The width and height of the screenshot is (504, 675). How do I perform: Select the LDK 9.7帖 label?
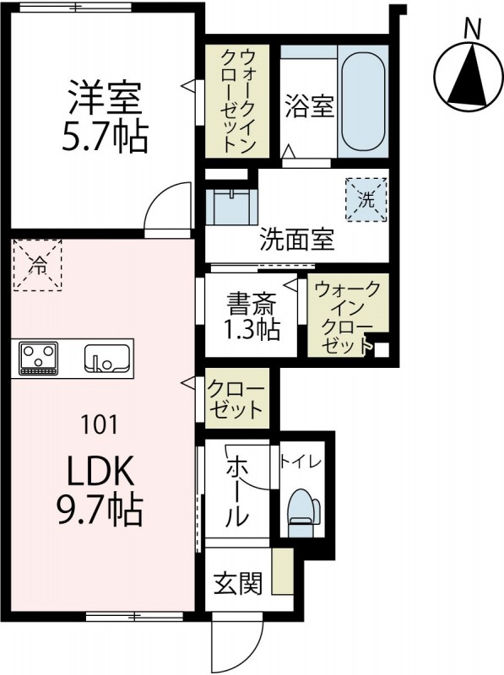coord(100,491)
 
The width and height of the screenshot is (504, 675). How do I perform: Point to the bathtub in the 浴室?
coord(362,104)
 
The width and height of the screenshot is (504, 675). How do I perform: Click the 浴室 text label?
coord(308,107)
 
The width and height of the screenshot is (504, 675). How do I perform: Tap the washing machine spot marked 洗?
coord(365,199)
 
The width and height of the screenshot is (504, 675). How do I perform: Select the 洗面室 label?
coord(296,240)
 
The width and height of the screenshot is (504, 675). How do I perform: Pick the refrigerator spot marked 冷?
coord(38,265)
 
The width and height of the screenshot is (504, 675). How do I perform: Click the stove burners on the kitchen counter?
coord(39,358)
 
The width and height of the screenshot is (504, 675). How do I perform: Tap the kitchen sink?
coord(107,359)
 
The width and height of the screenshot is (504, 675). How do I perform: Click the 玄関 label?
coord(237,582)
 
